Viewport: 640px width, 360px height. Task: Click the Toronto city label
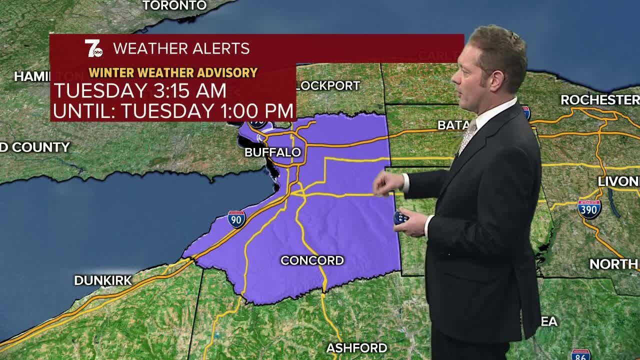click(174, 5)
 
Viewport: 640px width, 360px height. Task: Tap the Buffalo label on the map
click(272, 152)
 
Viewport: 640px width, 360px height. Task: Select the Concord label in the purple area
click(312, 260)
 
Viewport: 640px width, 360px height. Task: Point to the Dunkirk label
click(102, 280)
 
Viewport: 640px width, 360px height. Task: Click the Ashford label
click(356, 347)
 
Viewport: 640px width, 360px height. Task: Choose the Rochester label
click(599, 99)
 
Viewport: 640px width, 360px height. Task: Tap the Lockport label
click(328, 85)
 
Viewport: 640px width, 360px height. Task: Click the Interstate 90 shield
click(236, 219)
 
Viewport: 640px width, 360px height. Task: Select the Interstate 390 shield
click(589, 208)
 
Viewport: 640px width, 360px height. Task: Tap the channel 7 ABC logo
click(93, 48)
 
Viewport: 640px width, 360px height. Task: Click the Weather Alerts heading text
click(181, 48)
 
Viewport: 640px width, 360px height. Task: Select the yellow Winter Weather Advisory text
click(173, 73)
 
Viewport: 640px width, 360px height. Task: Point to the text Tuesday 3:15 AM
click(140, 91)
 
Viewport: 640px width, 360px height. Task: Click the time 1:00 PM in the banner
click(258, 110)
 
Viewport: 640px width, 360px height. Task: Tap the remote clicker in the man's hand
click(401, 218)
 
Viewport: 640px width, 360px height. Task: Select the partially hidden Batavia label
click(452, 125)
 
